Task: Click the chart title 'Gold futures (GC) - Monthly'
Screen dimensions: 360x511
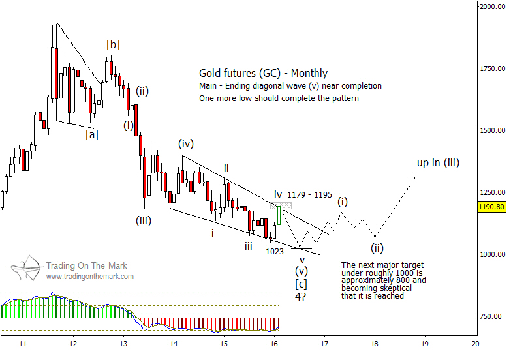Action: coord(264,74)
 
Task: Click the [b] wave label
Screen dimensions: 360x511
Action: coord(113,44)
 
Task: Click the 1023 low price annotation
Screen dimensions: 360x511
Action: coord(274,250)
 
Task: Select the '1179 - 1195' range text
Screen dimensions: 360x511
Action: coord(310,194)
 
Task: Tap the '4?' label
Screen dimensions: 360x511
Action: coord(301,296)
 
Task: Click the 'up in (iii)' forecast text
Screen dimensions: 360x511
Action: coord(438,162)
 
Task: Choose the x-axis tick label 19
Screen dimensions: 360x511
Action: coord(425,343)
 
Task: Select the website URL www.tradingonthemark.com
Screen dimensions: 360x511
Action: coord(89,277)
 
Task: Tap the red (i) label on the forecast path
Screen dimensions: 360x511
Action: coord(342,202)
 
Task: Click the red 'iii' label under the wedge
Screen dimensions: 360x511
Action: coord(249,246)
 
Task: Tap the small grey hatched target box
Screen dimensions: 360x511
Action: coord(276,206)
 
